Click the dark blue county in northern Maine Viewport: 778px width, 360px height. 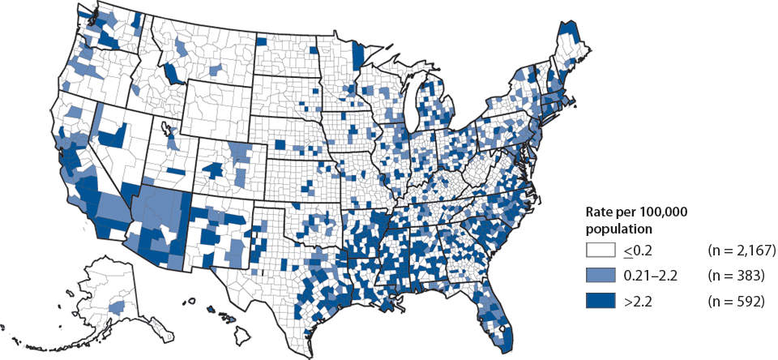point(572,33)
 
